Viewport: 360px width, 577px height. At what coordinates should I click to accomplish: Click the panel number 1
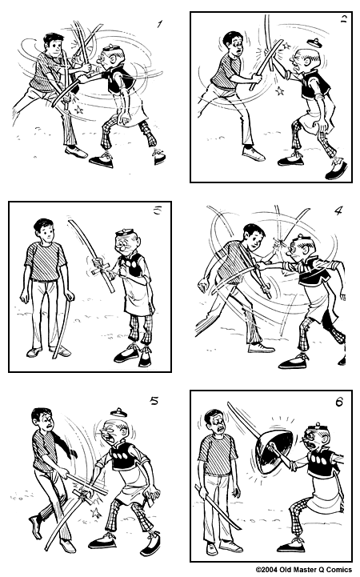pyautogui.click(x=160, y=24)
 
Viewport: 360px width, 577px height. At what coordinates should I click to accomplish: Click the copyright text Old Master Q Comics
pyautogui.click(x=304, y=570)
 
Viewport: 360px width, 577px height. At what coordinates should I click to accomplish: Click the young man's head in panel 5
pyautogui.click(x=42, y=421)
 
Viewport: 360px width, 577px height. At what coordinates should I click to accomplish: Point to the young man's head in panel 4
pyautogui.click(x=254, y=237)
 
